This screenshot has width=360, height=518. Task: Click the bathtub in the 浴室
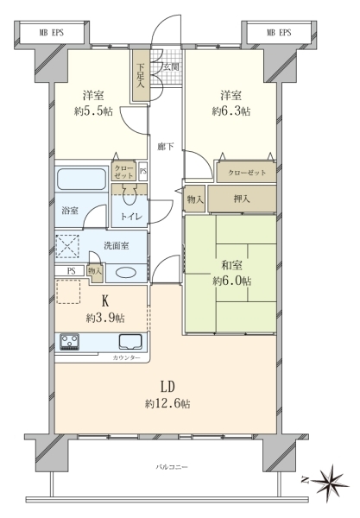(82, 179)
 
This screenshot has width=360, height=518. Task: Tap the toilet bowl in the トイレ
(129, 196)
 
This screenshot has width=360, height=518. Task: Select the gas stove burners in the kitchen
(69, 341)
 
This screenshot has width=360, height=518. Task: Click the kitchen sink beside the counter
(130, 341)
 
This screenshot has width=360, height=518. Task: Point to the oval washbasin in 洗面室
(126, 273)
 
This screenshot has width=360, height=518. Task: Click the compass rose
(331, 481)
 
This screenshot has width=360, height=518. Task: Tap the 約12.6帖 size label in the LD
(167, 404)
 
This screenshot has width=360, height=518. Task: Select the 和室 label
(231, 265)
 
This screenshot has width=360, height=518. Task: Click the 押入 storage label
(242, 199)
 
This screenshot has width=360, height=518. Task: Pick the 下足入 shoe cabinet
(141, 76)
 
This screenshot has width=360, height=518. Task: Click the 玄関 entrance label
(172, 67)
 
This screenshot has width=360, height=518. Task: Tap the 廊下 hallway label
(165, 147)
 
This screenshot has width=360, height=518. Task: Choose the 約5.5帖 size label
(93, 111)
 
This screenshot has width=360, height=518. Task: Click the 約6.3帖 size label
(231, 111)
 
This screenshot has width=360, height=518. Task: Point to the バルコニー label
(172, 467)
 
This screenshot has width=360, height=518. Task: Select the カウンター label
(126, 357)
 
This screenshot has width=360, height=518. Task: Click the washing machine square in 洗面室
(67, 246)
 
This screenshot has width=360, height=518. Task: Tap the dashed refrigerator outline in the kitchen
(69, 292)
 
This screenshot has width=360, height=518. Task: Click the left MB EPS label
(52, 33)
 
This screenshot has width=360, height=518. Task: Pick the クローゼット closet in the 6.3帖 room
(246, 173)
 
